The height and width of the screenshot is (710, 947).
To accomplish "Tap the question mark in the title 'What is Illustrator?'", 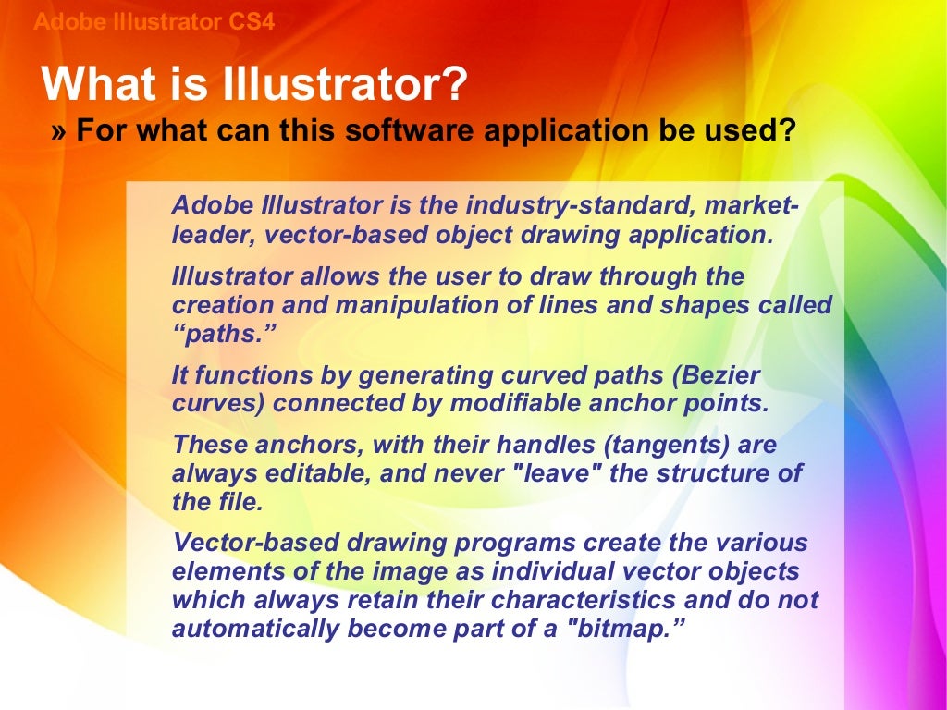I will [x=453, y=85].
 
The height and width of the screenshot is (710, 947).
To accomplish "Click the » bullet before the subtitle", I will [x=59, y=131].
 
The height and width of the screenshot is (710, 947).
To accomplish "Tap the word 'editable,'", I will [x=296, y=474].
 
